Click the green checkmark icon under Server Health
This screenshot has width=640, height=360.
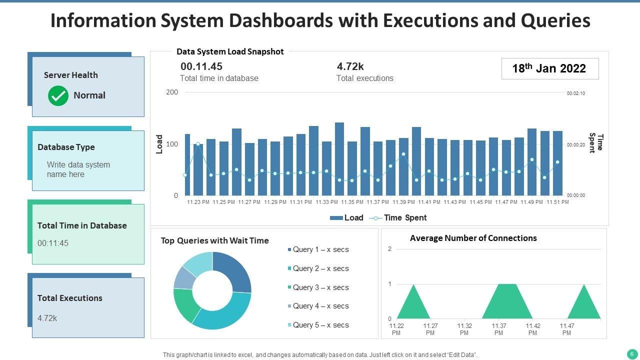pos(58,95)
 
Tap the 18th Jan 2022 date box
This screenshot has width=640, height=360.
pos(549,68)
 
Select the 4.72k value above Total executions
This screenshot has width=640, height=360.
pos(350,66)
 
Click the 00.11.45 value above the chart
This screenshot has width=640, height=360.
pos(201,66)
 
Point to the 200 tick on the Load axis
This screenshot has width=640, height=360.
pos(172,92)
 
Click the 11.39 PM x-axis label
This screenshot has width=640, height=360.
pos(403,202)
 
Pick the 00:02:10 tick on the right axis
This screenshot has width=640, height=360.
pos(575,93)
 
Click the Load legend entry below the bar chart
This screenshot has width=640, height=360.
pos(346,217)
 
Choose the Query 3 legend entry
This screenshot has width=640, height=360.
pos(320,287)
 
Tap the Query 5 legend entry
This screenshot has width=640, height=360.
pos(320,325)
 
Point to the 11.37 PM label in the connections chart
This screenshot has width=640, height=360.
pos(498,329)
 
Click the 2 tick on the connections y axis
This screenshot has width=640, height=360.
pos(389,249)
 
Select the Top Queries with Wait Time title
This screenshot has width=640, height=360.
pos(214,240)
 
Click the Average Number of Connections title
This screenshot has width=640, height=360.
pos(473,238)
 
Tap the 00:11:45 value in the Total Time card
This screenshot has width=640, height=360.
pos(53,243)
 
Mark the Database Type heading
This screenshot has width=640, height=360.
pos(66,147)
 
